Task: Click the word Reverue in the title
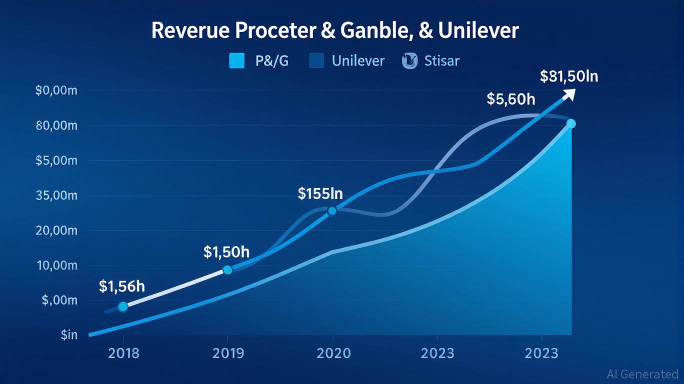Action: click(x=188, y=30)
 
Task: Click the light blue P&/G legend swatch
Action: click(x=236, y=61)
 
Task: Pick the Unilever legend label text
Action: click(x=358, y=61)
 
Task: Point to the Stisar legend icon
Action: click(x=409, y=61)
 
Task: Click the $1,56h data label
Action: click(x=122, y=286)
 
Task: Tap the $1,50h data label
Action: click(x=226, y=251)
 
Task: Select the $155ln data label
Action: click(x=320, y=193)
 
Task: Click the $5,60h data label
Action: click(x=510, y=99)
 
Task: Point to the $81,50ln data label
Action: click(x=569, y=76)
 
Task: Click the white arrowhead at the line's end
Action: click(x=569, y=94)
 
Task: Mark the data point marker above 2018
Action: click(x=122, y=307)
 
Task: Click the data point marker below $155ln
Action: click(x=332, y=211)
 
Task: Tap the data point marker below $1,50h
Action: click(x=227, y=270)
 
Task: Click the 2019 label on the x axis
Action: click(x=228, y=353)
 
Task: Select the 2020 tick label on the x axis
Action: click(x=333, y=353)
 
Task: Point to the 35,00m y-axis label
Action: click(x=56, y=195)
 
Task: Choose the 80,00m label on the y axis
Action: click(x=56, y=125)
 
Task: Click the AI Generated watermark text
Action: click(x=642, y=374)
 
